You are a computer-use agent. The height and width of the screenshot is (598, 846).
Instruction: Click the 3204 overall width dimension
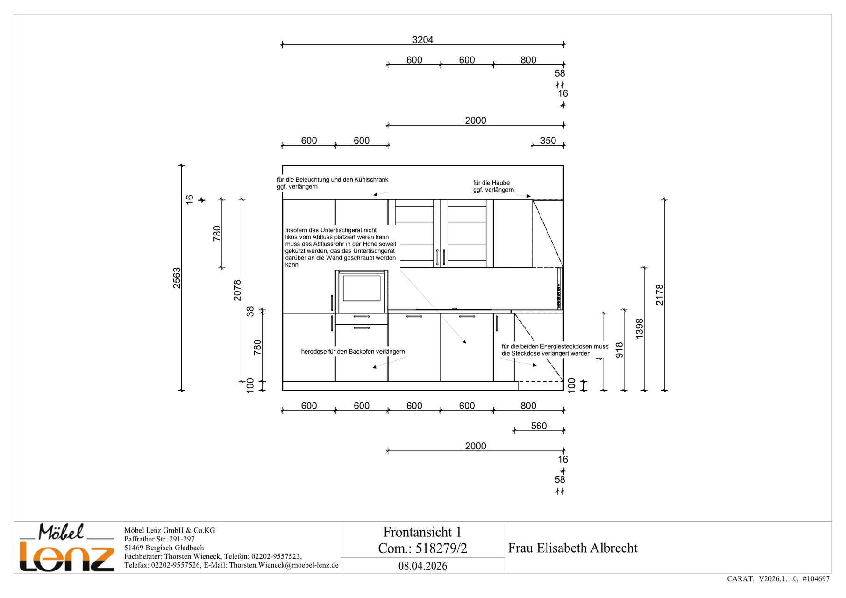[422, 40]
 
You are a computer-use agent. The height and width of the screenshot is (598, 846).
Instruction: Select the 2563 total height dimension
[177, 278]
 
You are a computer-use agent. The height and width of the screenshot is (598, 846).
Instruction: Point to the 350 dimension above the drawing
[548, 141]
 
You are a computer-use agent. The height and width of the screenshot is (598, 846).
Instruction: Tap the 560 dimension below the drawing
[539, 426]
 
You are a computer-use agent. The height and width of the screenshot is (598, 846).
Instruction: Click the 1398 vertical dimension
[640, 328]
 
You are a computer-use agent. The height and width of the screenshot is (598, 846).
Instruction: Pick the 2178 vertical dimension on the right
[660, 295]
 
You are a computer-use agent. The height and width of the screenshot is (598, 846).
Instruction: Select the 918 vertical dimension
[619, 350]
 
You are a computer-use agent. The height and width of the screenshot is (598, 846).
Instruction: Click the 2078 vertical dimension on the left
[237, 290]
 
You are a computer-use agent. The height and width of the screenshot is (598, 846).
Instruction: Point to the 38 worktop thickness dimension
[250, 312]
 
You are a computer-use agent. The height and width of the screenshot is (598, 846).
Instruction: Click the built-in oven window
[362, 288]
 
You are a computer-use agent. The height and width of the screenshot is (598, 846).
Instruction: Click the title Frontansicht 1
[422, 532]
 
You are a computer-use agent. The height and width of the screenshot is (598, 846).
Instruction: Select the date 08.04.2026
[423, 566]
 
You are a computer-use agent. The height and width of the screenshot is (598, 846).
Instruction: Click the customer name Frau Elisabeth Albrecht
[573, 548]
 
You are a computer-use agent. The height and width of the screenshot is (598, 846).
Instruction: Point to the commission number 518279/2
[441, 548]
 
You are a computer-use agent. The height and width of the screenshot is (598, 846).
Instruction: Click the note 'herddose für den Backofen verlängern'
[353, 352]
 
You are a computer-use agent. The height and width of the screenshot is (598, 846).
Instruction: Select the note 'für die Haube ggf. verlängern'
[493, 186]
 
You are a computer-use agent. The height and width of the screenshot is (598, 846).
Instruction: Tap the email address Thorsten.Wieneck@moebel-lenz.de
[284, 565]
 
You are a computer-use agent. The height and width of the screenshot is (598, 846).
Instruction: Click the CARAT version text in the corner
[778, 579]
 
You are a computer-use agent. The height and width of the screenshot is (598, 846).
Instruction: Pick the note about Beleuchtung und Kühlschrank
[332, 183]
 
